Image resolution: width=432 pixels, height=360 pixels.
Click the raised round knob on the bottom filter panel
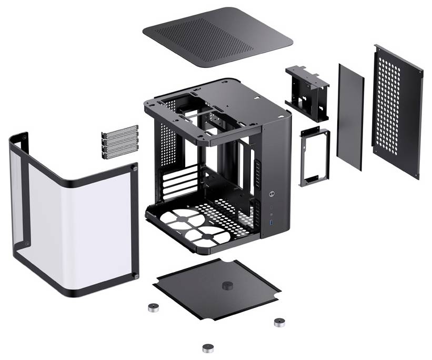[x=227, y=285]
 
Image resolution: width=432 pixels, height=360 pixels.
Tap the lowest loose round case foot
[x=208, y=348]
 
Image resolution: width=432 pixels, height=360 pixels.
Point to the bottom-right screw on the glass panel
[x=136, y=276]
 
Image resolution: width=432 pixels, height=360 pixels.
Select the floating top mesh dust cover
[x=217, y=37]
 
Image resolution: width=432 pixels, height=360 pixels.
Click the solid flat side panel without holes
[x=350, y=116]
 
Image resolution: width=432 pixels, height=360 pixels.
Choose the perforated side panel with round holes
[x=397, y=111]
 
